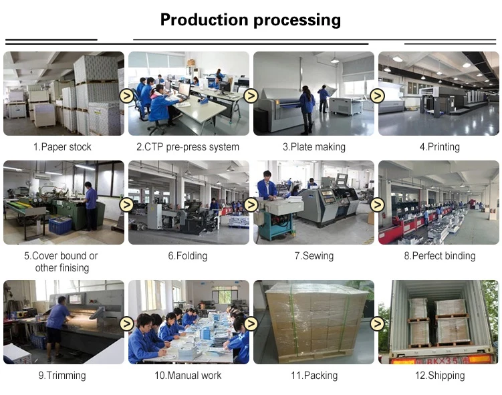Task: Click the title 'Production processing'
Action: [251, 20]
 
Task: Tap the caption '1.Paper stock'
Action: [62, 147]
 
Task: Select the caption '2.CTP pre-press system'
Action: [187, 147]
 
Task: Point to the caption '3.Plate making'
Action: [313, 147]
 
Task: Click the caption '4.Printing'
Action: [439, 147]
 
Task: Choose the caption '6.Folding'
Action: [187, 256]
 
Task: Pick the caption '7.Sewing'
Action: [313, 256]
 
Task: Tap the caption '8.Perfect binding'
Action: [439, 256]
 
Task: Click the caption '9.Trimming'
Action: [62, 376]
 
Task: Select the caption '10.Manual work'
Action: [187, 376]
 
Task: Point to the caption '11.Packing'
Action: [313, 376]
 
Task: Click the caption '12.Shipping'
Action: [439, 376]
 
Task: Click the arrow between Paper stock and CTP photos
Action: [126, 96]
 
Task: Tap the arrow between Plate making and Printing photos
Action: [377, 96]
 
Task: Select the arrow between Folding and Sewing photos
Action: [251, 205]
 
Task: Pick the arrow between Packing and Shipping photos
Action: [377, 323]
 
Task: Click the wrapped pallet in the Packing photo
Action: [316, 319]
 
